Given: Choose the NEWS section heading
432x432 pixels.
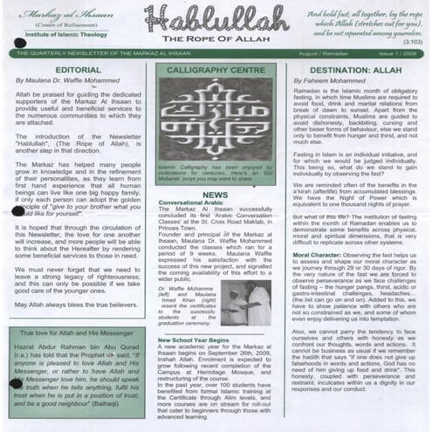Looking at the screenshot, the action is click(x=215, y=195).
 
